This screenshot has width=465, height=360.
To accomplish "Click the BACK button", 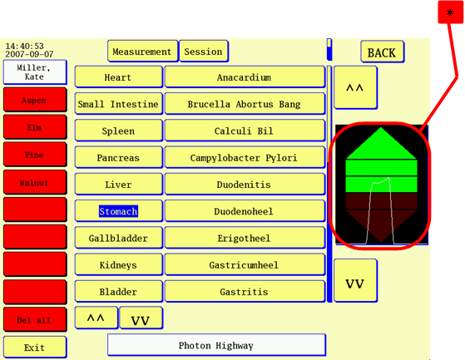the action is coord(383,52).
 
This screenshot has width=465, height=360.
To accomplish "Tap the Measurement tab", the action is coord(142,52).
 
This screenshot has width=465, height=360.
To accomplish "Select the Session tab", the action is coord(204,52).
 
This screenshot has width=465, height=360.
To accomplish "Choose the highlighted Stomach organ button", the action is coord(119,211).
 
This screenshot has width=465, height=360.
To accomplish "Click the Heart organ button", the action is coord(119,77).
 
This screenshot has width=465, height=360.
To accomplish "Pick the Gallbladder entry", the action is coord(119,238).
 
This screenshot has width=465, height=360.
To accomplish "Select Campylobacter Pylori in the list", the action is coord(245,157).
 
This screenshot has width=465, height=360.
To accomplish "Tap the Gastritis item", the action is coord(245,291).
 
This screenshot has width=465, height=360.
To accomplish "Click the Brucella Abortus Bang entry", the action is coord(245,104).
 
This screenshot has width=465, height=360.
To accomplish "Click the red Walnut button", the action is coord(35,182).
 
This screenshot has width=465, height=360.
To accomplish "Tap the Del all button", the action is coord(35,319).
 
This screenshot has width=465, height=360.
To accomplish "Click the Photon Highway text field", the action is coord(216,345).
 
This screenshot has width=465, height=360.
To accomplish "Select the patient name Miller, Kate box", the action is coord(35,72).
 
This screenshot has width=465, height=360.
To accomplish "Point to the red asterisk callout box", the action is coord(450,12).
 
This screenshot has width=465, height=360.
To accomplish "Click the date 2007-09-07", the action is coord(29,54).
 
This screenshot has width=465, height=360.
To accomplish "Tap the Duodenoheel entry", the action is coord(245,211).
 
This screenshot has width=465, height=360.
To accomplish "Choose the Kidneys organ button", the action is coord(119,264).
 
